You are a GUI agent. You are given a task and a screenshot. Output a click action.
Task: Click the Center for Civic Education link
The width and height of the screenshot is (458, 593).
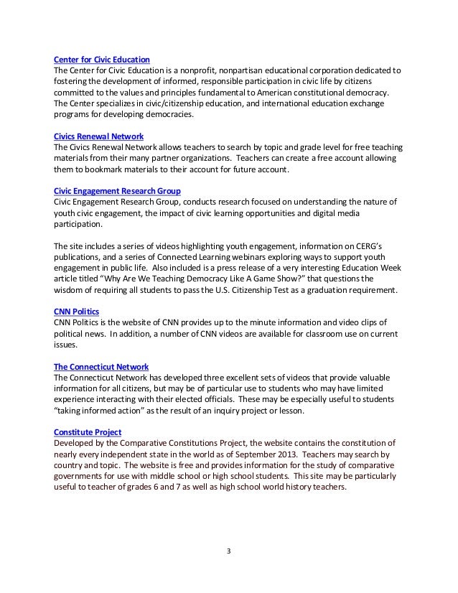point(107,59)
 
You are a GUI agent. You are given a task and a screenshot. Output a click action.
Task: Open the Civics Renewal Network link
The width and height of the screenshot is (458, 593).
point(98,136)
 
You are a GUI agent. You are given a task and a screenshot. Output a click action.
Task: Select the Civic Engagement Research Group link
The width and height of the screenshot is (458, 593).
point(117,191)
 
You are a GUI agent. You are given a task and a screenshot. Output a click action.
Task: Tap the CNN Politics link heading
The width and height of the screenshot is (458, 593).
point(77,312)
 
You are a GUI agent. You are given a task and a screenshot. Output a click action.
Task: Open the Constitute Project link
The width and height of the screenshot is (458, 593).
point(88,432)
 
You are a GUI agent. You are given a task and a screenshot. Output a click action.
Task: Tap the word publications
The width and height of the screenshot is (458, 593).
point(81,257)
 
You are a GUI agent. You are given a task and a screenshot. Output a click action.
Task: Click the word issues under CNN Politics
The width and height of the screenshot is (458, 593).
point(67,345)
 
